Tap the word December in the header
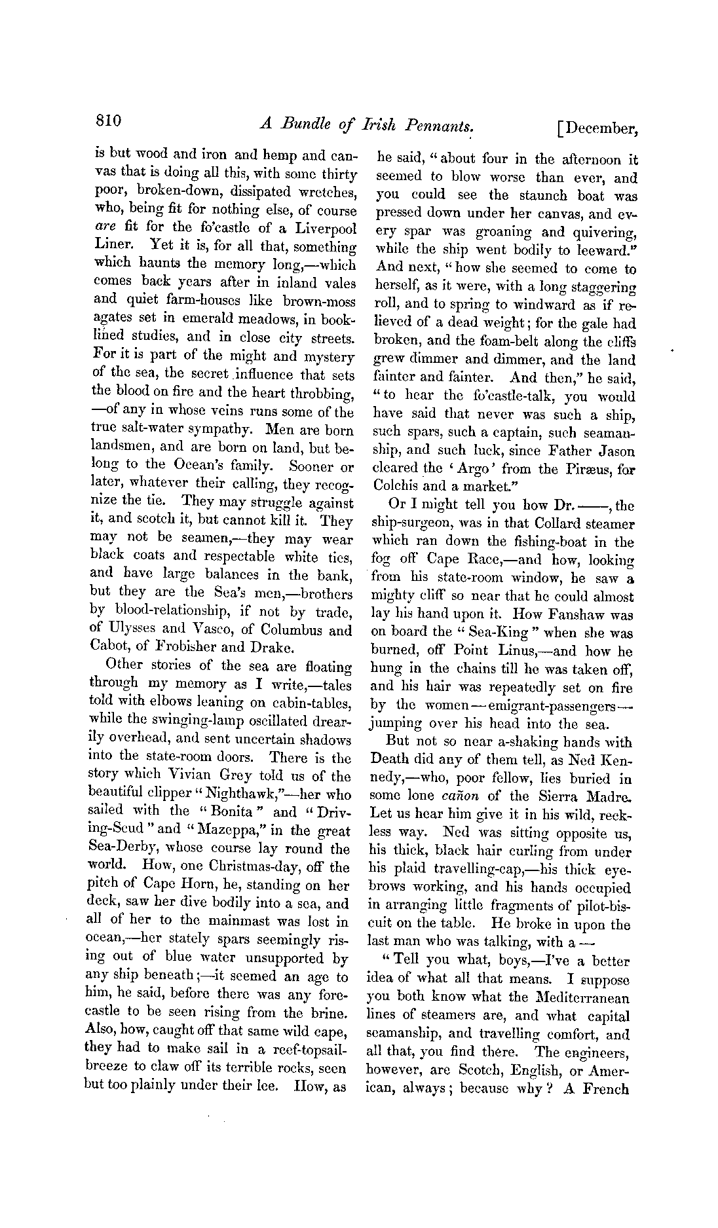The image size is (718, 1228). click(601, 128)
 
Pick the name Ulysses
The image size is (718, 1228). click(126, 631)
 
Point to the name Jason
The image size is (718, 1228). click(618, 451)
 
